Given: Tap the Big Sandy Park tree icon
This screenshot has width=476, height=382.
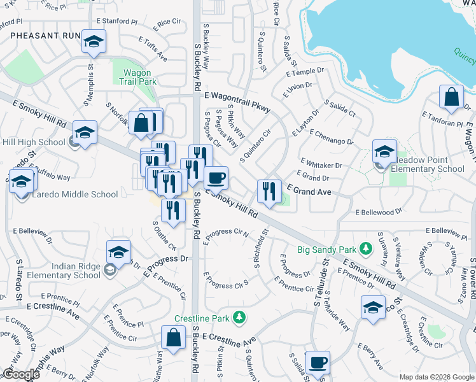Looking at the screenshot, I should [x=366, y=247].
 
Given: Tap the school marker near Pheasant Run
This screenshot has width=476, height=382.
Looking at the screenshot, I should [x=94, y=42].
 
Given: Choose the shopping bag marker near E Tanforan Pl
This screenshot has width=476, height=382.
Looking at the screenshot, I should [x=451, y=97].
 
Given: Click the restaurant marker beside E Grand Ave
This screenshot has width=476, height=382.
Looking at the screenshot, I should [x=269, y=191].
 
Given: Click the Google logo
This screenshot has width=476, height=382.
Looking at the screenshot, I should [x=21, y=374].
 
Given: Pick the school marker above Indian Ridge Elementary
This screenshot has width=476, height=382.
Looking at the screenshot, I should [x=118, y=252].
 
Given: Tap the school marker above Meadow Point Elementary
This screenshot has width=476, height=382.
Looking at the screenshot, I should [x=384, y=152].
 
